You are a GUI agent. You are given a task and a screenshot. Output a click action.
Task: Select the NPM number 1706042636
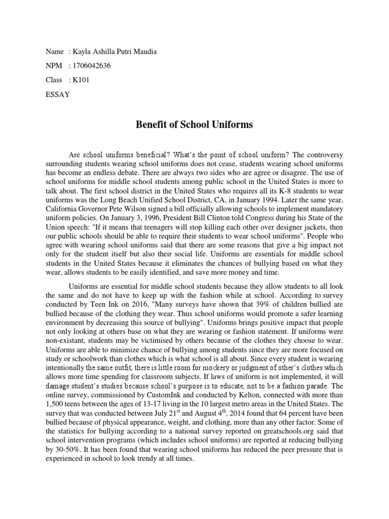click(92, 65)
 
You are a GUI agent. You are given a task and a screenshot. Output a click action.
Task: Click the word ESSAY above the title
click(58, 94)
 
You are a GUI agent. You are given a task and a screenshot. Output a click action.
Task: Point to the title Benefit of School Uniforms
click(194, 124)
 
